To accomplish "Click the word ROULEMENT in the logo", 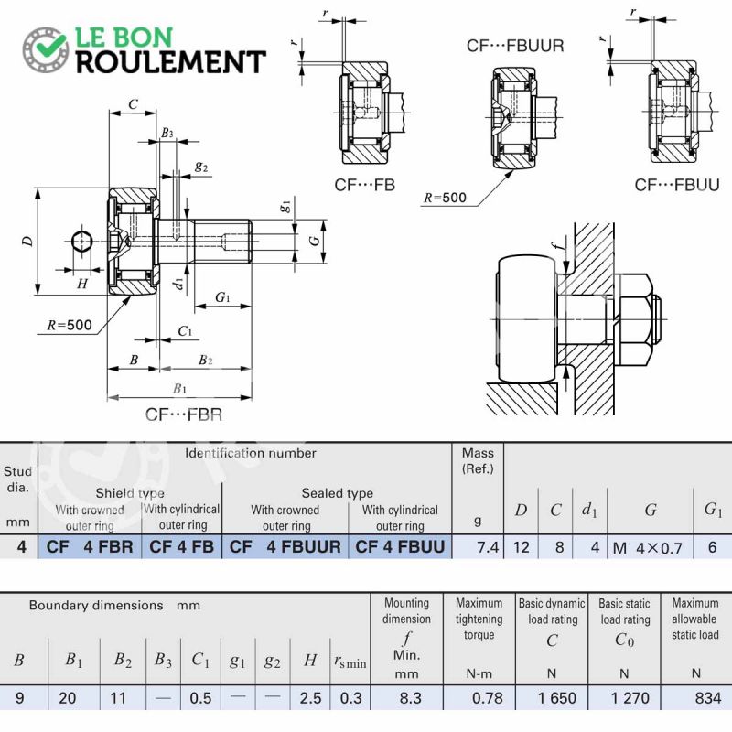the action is pos(171,62).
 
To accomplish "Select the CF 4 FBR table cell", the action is pos(90,546).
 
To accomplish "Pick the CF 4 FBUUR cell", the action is pos(285,546).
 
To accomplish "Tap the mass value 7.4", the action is pos(488,546).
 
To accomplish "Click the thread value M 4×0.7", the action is pos(648,547).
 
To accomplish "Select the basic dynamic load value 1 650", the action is pos(557,698).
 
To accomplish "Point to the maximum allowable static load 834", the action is pos(708,698).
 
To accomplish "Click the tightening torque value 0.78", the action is pos(488,698).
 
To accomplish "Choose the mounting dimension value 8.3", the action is pos(410,698).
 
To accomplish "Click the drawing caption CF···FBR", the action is pos(184,414).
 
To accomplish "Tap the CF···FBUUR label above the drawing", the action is pos(515,46).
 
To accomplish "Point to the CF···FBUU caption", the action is pos(677,185).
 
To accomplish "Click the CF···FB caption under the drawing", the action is pos(364,185).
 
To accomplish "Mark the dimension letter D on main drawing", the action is pos(28,242).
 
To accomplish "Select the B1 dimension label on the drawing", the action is pos(179,388).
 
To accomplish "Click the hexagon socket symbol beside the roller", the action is pos(82,242).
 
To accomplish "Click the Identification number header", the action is pos(251,453).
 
